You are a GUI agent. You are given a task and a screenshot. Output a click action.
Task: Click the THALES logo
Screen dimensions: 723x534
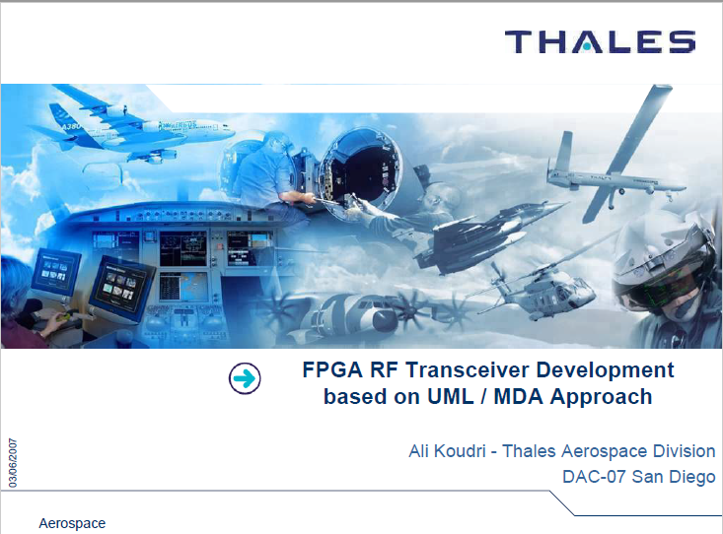(600, 42)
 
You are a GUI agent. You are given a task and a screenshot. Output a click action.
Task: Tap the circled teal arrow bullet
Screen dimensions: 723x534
(245, 378)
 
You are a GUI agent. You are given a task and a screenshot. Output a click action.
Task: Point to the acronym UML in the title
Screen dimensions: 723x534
(450, 397)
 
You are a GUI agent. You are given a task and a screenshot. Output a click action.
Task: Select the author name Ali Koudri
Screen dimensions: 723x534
(447, 450)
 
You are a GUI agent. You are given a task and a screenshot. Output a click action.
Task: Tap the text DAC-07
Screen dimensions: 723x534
(594, 477)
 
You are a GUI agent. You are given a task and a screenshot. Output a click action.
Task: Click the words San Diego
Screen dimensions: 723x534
(674, 477)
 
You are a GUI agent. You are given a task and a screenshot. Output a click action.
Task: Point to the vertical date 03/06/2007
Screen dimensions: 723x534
(13, 463)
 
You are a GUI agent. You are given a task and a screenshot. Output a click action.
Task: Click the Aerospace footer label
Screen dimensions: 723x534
(72, 523)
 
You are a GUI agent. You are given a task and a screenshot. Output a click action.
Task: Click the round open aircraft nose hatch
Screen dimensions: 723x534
(360, 172)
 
